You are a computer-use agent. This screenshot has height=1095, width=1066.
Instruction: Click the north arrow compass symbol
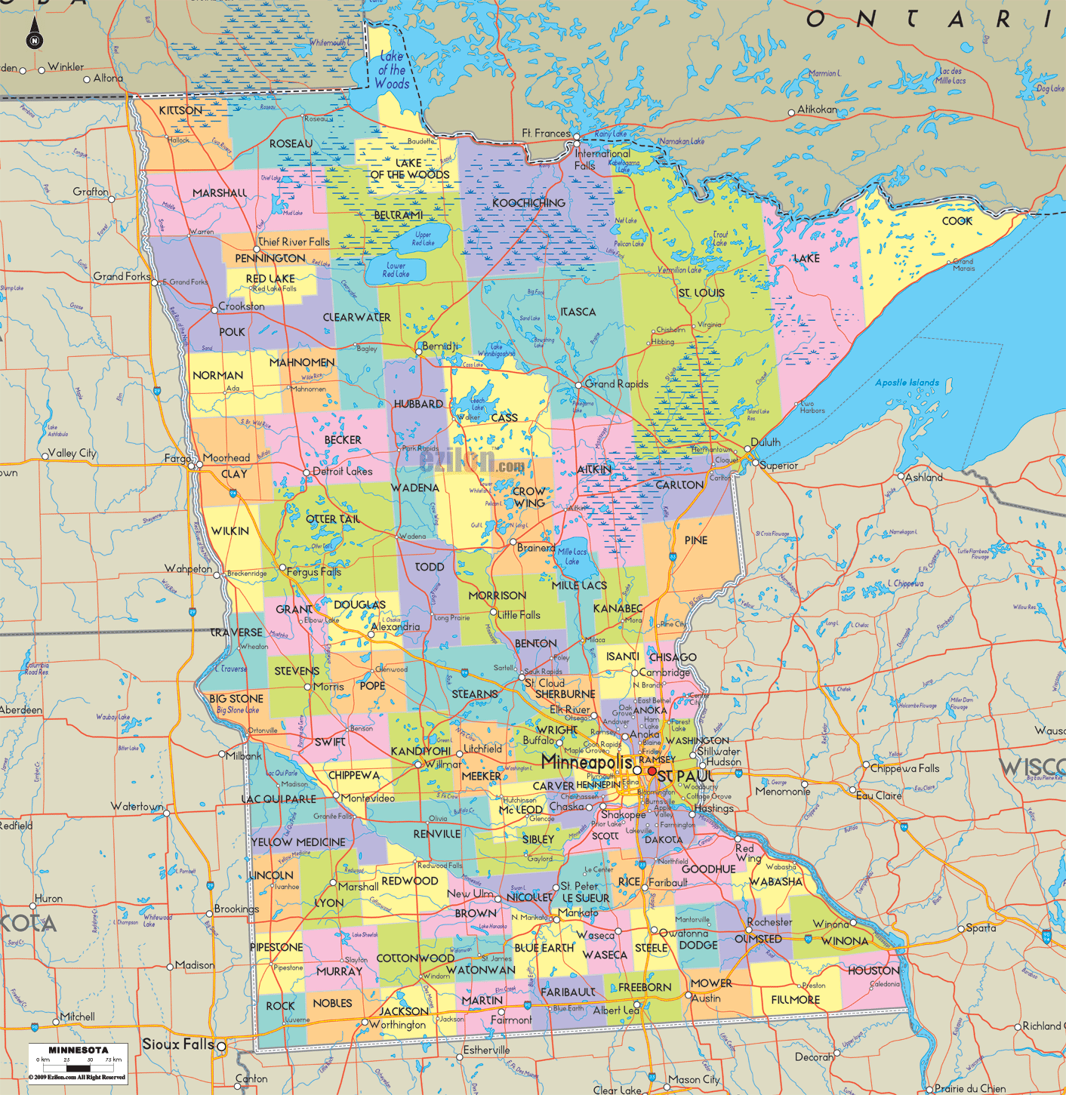(x=34, y=35)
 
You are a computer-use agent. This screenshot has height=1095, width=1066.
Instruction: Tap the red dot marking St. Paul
(x=652, y=771)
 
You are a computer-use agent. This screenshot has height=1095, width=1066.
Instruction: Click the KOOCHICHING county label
(x=528, y=203)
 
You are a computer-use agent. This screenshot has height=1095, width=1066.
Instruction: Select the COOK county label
(x=957, y=221)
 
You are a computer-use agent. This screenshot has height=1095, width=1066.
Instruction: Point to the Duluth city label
(x=766, y=442)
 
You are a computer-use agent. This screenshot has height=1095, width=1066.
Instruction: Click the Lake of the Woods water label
(x=392, y=70)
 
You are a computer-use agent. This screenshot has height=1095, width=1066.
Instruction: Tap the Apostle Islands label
(x=907, y=383)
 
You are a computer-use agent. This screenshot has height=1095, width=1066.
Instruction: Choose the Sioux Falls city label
(x=178, y=1044)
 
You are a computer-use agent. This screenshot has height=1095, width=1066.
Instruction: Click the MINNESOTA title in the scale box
(x=79, y=1050)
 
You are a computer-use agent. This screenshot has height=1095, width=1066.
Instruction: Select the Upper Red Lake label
(x=423, y=239)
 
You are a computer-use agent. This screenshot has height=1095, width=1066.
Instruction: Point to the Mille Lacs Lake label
(x=572, y=556)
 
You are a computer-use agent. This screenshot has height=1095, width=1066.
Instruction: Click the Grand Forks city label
(x=122, y=276)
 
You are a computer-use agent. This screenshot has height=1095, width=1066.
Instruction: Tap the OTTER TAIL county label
(x=333, y=519)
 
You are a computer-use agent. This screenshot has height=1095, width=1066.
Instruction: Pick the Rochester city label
(x=769, y=922)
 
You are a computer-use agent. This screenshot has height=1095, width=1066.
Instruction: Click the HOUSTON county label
(x=873, y=970)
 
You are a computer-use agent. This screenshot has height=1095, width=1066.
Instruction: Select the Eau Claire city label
(x=879, y=795)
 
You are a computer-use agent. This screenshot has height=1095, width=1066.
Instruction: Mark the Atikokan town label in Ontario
(x=818, y=109)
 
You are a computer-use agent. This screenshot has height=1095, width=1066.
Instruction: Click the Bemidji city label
(x=440, y=346)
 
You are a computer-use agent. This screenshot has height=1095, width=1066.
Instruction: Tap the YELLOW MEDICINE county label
(x=298, y=842)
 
